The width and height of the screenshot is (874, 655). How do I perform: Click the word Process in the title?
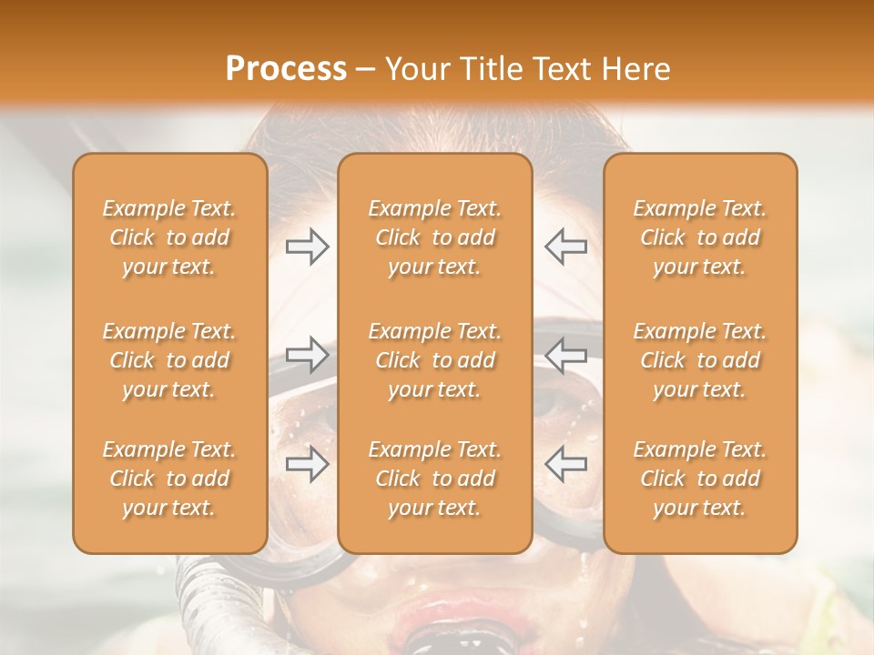pos(286,69)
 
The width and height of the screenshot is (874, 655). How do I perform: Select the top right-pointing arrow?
pos(308,247)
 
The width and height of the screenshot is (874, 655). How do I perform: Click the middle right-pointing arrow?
pos(308,354)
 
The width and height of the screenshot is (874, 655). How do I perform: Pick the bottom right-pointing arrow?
pos(308,463)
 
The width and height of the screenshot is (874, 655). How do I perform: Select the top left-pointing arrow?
pos(565,247)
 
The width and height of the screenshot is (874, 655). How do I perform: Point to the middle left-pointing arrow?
pos(565,354)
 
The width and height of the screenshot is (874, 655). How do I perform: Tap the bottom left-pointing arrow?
pos(565,463)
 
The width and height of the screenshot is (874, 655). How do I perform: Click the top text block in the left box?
pos(169,237)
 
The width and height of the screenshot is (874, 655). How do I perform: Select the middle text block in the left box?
pos(169,360)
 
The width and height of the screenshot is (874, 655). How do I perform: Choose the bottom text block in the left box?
pos(169,479)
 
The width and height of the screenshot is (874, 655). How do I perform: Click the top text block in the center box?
pos(434,237)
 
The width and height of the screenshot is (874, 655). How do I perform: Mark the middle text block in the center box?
pos(434,360)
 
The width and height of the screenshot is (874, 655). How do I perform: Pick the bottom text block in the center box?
pos(434,479)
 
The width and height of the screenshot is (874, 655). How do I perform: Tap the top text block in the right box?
pos(699,237)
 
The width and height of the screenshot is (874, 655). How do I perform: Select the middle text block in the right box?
pos(699,360)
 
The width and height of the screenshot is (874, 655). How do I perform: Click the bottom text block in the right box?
pos(699,479)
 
